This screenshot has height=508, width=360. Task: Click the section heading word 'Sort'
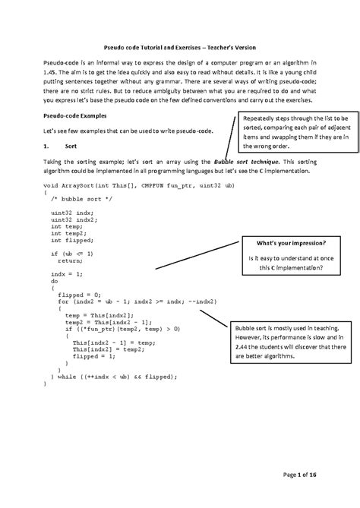71,145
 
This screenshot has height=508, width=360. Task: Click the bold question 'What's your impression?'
292,243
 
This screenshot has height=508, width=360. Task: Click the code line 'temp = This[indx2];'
99,314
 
